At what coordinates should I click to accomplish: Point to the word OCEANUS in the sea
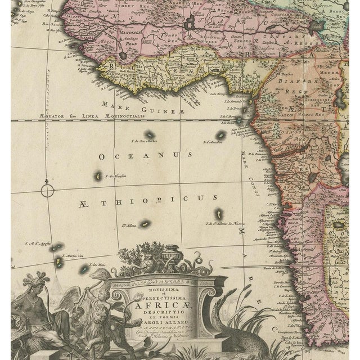[146, 155]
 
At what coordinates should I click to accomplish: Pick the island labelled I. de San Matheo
[150, 134]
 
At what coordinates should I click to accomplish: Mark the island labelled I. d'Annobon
[222, 135]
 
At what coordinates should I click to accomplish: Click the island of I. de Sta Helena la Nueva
[218, 214]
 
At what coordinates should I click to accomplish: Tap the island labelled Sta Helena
[145, 223]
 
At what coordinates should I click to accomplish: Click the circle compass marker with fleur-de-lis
[47, 190]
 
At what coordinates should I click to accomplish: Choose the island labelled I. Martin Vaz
[59, 261]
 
